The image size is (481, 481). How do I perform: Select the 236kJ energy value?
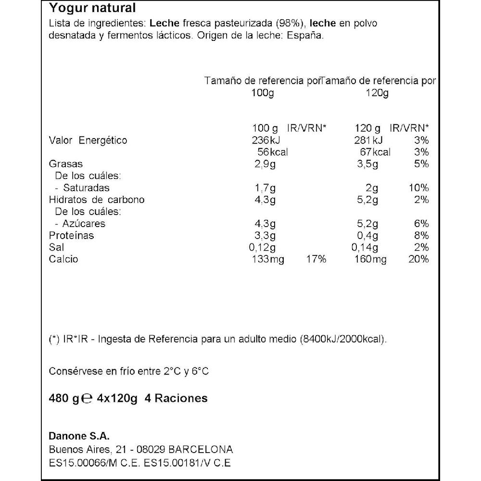pos(266,140)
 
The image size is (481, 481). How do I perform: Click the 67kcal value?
pos(375,152)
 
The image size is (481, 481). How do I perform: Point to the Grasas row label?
pos(66,164)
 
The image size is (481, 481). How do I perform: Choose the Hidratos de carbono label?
pos(97,200)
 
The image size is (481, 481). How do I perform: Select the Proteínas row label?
pos(71,236)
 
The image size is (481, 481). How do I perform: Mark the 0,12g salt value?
pos(263,248)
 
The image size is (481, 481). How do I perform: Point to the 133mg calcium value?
pos(268,260)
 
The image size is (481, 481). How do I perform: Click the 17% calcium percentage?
pos(316,260)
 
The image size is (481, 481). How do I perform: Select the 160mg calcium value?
pos(372,260)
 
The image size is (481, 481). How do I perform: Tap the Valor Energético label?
pos(88,140)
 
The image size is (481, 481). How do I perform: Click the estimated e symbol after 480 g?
pos(87,399)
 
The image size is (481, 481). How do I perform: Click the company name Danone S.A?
pos(79,436)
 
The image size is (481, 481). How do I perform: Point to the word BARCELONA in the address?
pos(201,450)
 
